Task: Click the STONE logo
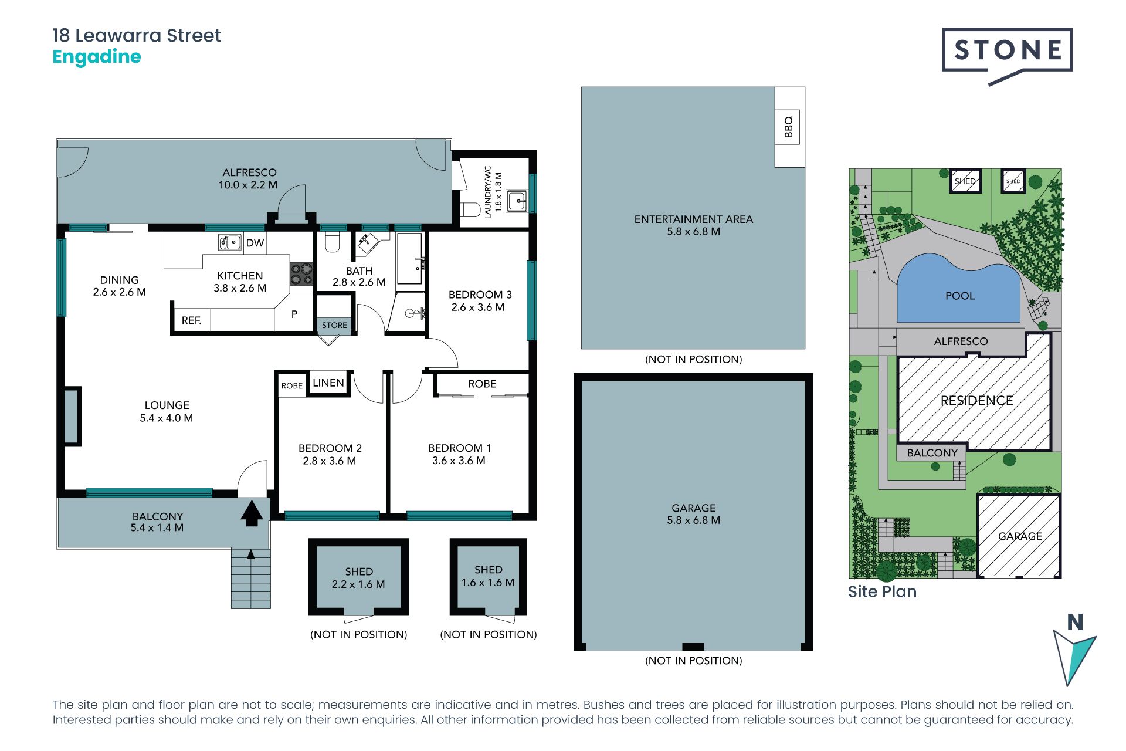click(x=1007, y=52)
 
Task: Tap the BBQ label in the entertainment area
click(x=789, y=127)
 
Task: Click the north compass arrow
click(x=1074, y=654)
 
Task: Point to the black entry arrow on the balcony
click(x=252, y=513)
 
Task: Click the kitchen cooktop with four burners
click(x=301, y=274)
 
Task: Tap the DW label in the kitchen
click(x=255, y=243)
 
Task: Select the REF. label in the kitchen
click(x=192, y=320)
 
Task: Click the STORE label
click(x=334, y=325)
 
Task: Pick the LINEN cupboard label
click(x=328, y=383)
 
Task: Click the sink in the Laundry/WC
click(x=517, y=201)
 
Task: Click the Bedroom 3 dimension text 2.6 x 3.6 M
click(x=478, y=307)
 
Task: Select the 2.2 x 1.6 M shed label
click(x=358, y=584)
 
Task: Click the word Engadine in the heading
click(x=97, y=57)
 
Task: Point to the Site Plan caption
click(x=882, y=591)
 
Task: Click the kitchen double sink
click(x=230, y=242)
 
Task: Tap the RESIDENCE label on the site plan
click(x=977, y=401)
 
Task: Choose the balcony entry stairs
click(x=251, y=579)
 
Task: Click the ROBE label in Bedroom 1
click(x=482, y=384)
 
